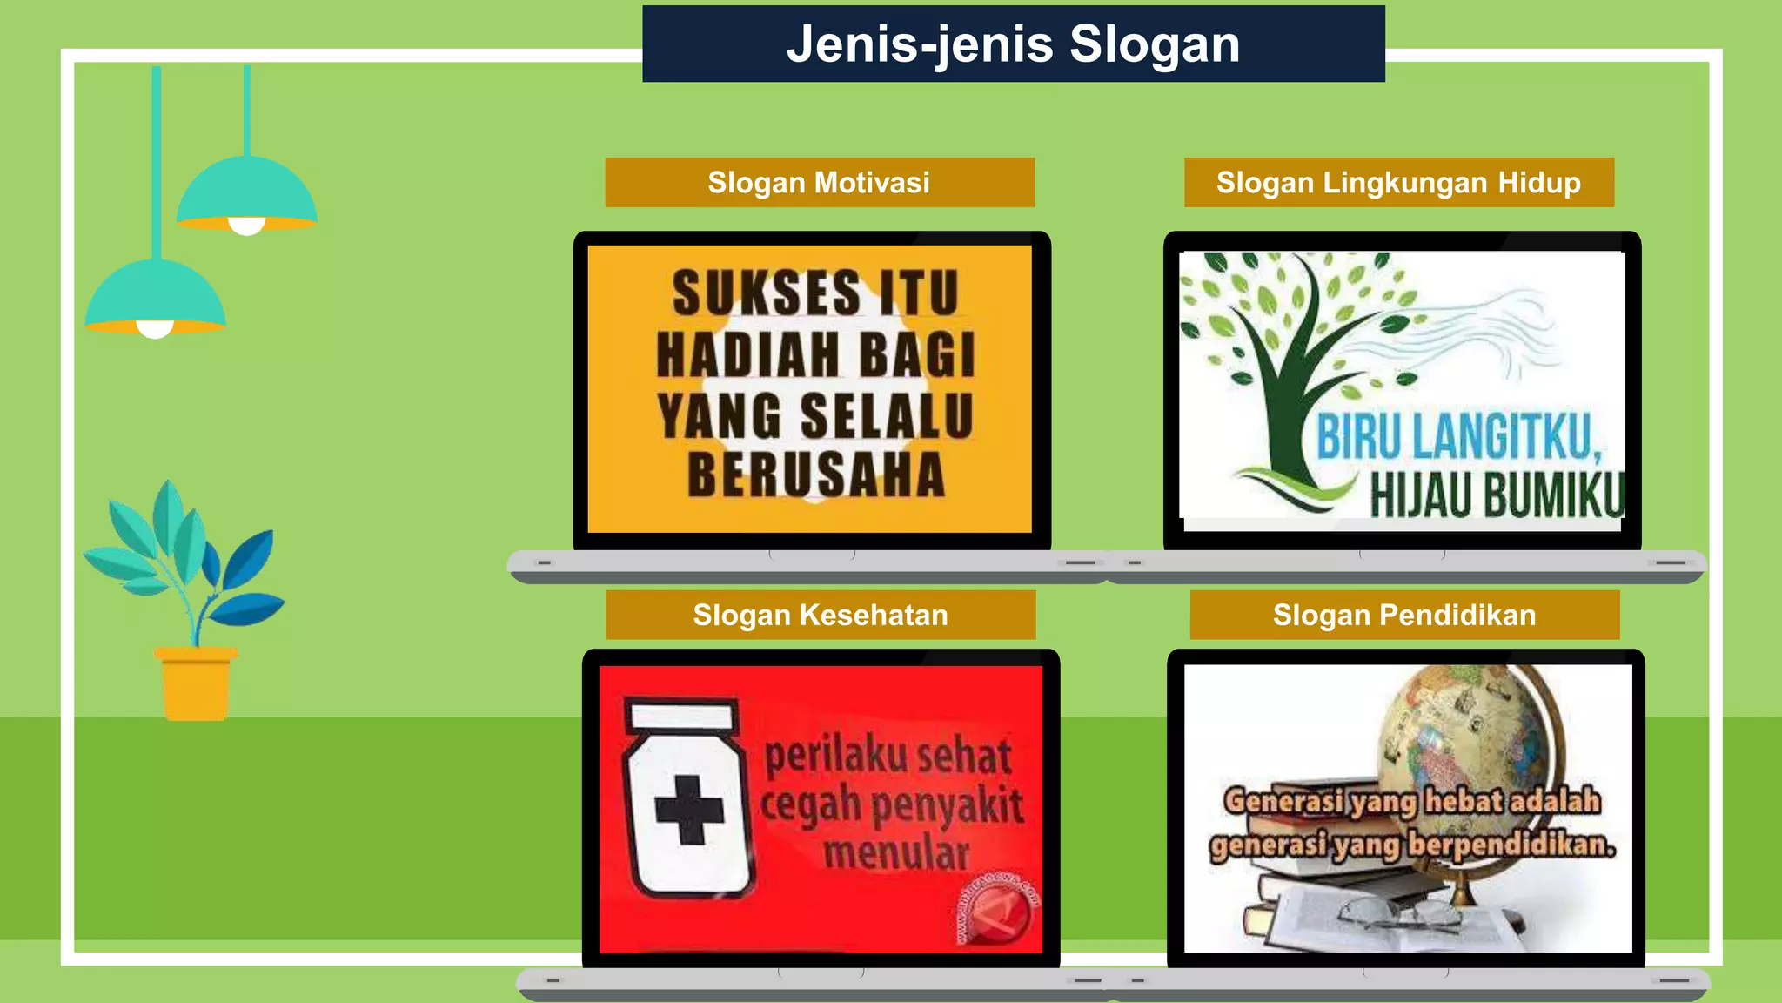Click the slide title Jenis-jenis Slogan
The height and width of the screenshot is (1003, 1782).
(x=1013, y=44)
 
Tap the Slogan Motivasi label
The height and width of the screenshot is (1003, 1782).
(x=819, y=183)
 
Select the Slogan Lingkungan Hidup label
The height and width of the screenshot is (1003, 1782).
(x=1398, y=183)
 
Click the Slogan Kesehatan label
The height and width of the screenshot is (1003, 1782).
(x=820, y=615)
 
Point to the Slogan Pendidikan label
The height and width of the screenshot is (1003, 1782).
(x=1403, y=615)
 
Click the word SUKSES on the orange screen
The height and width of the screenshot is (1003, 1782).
(x=754, y=293)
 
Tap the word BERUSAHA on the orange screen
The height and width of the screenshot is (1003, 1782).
(x=816, y=475)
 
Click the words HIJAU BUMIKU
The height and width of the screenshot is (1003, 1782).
(x=1497, y=495)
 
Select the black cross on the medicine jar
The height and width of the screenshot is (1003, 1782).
(x=689, y=810)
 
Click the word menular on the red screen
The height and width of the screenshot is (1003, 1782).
(x=896, y=853)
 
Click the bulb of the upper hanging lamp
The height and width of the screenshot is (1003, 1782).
(x=246, y=226)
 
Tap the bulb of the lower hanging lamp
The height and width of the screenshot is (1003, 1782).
(x=156, y=329)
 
